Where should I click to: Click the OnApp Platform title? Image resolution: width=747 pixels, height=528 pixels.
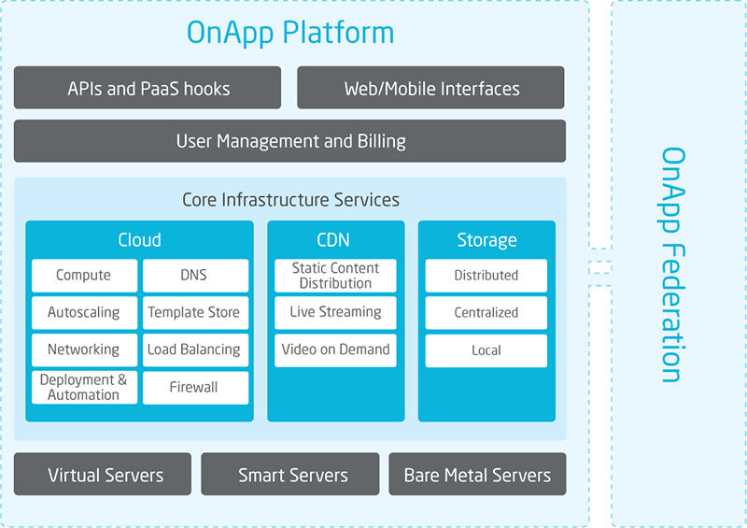pyautogui.click(x=290, y=33)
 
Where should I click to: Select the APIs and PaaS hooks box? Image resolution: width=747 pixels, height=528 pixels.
pyautogui.click(x=148, y=88)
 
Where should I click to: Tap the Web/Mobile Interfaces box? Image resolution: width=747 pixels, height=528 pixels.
pyautogui.click(x=430, y=88)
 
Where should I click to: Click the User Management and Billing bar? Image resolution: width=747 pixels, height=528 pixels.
pyautogui.click(x=289, y=141)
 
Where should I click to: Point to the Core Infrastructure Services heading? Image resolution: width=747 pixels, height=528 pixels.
pyautogui.click(x=290, y=200)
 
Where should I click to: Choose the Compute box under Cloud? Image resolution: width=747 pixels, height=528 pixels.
pyautogui.click(x=84, y=276)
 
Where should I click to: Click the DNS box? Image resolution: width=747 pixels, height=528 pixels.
pyautogui.click(x=196, y=276)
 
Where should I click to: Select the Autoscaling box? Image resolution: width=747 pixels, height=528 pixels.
pyautogui.click(x=84, y=313)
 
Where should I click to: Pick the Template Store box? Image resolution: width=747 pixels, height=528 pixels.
pyautogui.click(x=196, y=313)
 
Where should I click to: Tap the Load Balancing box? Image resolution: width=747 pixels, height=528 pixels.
pyautogui.click(x=196, y=350)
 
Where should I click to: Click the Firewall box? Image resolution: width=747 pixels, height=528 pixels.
pyautogui.click(x=196, y=388)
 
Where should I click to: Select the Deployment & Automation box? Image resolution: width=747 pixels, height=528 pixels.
pyautogui.click(x=84, y=388)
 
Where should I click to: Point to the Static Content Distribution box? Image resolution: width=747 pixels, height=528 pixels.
pyautogui.click(x=335, y=276)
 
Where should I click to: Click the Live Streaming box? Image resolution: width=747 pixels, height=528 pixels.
pyautogui.click(x=335, y=313)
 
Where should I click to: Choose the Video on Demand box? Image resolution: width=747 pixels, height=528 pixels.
pyautogui.click(x=335, y=350)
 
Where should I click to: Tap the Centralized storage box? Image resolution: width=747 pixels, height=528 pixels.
pyautogui.click(x=486, y=313)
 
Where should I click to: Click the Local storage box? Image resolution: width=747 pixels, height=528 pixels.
pyautogui.click(x=486, y=350)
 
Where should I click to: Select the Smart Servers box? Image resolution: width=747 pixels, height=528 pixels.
pyautogui.click(x=290, y=474)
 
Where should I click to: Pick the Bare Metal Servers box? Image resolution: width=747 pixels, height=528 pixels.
pyautogui.click(x=477, y=474)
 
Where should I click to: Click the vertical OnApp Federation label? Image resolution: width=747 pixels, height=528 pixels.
pyautogui.click(x=672, y=264)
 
